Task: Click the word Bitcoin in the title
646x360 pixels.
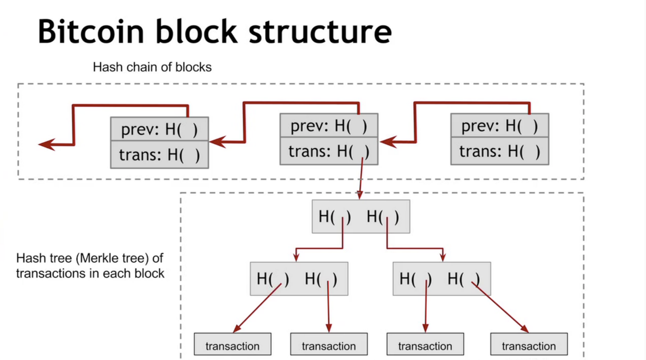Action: [x=90, y=32]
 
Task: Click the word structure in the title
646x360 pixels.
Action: [x=320, y=32]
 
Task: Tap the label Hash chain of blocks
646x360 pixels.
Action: [x=152, y=67]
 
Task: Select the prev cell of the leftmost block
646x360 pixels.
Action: [x=159, y=129]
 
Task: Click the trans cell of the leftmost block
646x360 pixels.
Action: [x=159, y=155]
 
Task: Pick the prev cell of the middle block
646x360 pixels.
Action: [x=329, y=126]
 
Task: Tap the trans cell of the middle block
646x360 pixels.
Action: [x=329, y=151]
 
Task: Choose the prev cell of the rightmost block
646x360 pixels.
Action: [x=499, y=126]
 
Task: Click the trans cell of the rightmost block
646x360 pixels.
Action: [x=499, y=151]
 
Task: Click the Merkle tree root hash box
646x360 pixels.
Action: [x=361, y=217]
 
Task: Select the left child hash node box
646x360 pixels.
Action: [x=299, y=279]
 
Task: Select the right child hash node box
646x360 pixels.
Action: [x=441, y=279]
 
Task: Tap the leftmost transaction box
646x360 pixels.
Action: [x=232, y=344]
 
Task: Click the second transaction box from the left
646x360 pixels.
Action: [x=329, y=344]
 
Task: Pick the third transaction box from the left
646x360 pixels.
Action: [x=425, y=344]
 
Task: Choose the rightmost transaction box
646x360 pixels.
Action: [x=529, y=344]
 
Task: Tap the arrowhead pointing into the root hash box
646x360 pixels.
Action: [x=359, y=195]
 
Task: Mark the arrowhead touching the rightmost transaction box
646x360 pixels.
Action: [x=524, y=328]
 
